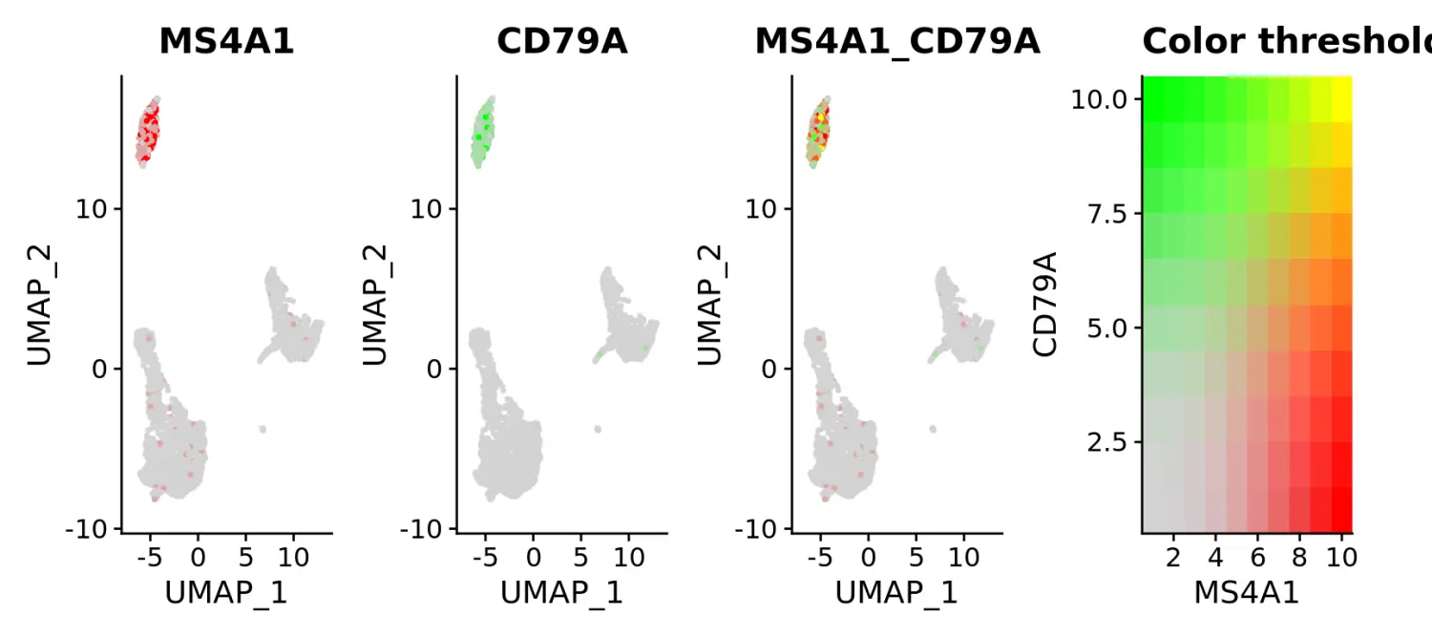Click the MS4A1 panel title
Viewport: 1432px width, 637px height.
226,41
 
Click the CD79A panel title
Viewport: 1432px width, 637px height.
561,41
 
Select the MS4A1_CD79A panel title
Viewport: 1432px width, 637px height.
896,41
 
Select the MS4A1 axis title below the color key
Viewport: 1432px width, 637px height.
1247,593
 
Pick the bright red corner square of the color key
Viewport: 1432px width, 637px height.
1341,510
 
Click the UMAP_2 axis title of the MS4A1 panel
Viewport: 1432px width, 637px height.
41,305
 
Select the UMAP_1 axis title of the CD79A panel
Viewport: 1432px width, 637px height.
561,593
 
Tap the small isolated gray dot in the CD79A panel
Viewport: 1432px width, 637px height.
598,429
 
